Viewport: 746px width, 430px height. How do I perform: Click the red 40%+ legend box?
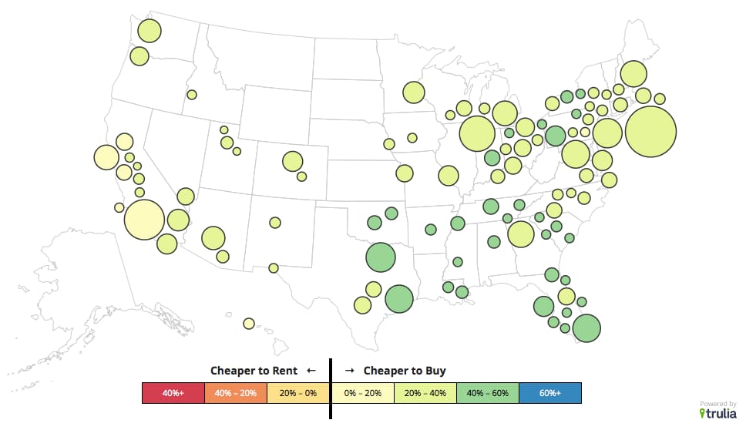tap(173, 393)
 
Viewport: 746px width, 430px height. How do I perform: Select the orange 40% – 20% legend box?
tap(236, 393)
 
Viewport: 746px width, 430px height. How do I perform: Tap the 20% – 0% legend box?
tap(299, 393)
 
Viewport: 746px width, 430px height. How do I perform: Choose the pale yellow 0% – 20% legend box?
tap(362, 393)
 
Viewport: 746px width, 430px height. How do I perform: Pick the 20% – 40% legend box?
tap(425, 393)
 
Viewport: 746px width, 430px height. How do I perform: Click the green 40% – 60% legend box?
tap(488, 393)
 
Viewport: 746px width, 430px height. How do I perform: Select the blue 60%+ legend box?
tap(550, 393)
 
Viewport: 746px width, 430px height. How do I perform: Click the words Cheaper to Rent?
tap(254, 371)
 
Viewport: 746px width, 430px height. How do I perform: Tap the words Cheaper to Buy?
tap(405, 371)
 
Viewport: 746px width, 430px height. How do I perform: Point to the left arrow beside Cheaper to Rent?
tap(311, 371)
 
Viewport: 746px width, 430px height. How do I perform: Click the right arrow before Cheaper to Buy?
tap(349, 371)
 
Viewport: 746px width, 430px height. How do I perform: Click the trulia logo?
tap(717, 413)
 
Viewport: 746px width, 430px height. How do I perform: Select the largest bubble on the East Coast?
tap(650, 131)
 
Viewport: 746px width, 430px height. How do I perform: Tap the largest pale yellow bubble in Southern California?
tap(144, 219)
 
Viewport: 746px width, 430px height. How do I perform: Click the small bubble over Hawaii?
tap(249, 324)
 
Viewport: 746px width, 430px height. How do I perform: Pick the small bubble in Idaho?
tap(192, 95)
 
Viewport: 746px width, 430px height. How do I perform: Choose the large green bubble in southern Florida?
tap(586, 328)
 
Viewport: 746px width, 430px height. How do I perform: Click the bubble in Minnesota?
tap(414, 92)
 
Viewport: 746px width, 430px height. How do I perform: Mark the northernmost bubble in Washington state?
tap(150, 32)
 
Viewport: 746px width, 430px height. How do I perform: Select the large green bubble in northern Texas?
tap(381, 257)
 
